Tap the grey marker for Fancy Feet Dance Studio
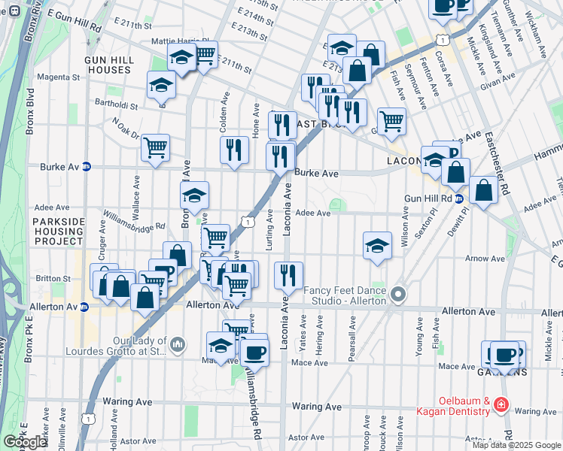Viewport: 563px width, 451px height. point(399,294)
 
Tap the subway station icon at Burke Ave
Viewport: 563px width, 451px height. point(87,167)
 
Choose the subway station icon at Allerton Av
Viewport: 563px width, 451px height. point(85,307)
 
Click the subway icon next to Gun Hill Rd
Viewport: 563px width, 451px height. point(458,198)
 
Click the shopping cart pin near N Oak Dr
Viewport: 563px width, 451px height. point(155,148)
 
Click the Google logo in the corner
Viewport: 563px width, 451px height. point(25,442)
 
